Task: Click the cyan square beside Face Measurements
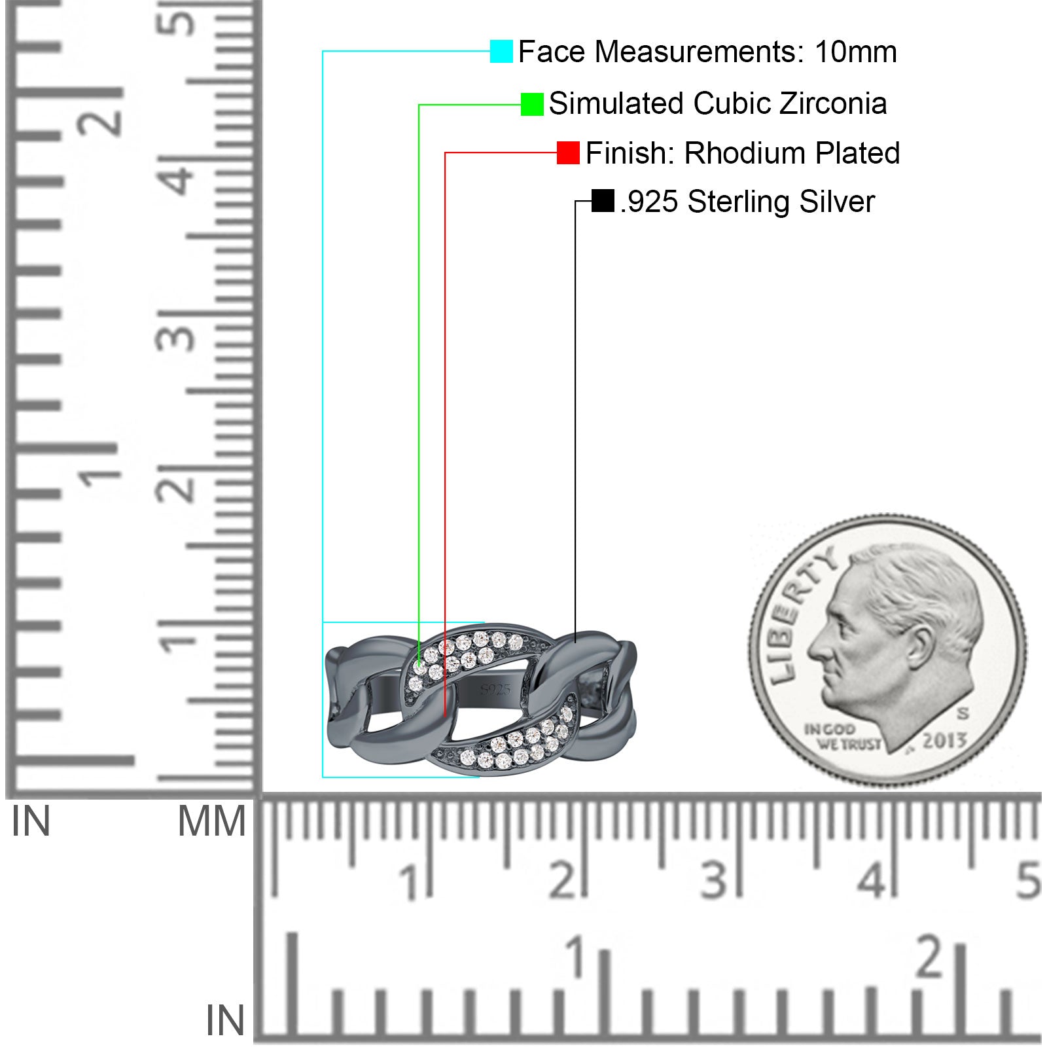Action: (x=501, y=51)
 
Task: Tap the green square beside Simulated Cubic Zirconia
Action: (x=532, y=104)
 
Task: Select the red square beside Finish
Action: (x=568, y=152)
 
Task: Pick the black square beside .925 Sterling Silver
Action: (x=603, y=201)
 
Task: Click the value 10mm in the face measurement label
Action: (x=855, y=52)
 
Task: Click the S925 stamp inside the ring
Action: (x=495, y=689)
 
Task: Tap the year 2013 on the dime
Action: (x=944, y=741)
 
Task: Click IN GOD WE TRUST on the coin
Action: (x=842, y=737)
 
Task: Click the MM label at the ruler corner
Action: (x=211, y=822)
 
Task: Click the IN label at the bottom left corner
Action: (x=224, y=1021)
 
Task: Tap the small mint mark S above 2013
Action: (x=963, y=713)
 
